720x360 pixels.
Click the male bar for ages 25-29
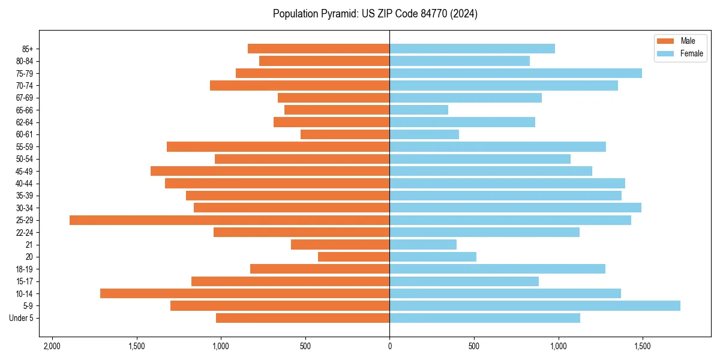click(x=230, y=220)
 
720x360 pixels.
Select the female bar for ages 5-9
click(x=535, y=306)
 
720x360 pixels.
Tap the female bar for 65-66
click(x=419, y=110)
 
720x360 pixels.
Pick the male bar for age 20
click(x=353, y=257)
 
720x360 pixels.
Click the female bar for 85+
click(x=472, y=49)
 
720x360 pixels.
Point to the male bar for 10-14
click(x=245, y=293)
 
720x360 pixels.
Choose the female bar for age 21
click(x=423, y=245)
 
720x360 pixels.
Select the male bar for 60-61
click(x=345, y=134)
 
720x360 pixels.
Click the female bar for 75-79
click(x=515, y=73)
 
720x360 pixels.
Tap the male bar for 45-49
click(x=270, y=171)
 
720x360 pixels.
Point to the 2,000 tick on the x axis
click(x=52, y=346)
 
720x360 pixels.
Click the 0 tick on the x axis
click(x=390, y=346)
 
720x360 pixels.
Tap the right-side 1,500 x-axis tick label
click(x=643, y=346)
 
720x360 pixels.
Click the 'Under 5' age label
click(x=22, y=318)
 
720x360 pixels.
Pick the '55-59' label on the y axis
click(x=25, y=147)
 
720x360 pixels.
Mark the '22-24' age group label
click(x=25, y=233)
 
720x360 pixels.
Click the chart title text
click(x=375, y=14)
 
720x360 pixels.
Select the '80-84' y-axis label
click(x=25, y=61)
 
